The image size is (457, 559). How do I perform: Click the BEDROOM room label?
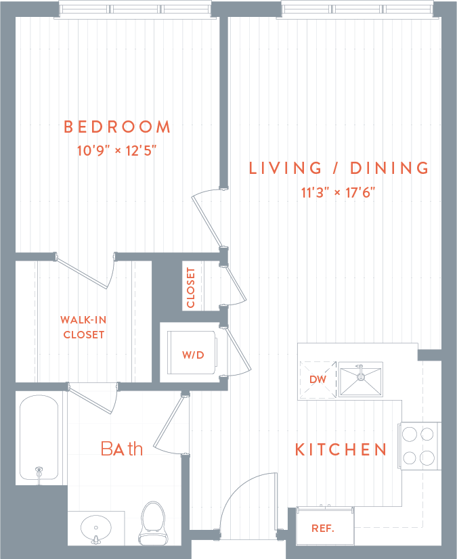coord(116,127)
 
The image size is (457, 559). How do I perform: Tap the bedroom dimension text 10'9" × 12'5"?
coord(117,150)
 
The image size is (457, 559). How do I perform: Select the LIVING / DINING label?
coord(339,168)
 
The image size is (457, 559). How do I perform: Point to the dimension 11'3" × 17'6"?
coord(339,192)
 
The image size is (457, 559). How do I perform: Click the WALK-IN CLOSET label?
coord(83,327)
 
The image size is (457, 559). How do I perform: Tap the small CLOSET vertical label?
coord(190,288)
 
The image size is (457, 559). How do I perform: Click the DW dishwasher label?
coord(318,380)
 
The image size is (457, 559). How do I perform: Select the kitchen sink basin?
coord(360,380)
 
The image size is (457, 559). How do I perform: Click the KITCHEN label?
coord(341,449)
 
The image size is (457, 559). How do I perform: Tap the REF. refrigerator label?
coord(323,529)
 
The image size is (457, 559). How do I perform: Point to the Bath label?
coord(122,448)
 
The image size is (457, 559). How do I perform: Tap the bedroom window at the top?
coord(135,9)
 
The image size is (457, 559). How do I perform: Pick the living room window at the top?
coord(357,9)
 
